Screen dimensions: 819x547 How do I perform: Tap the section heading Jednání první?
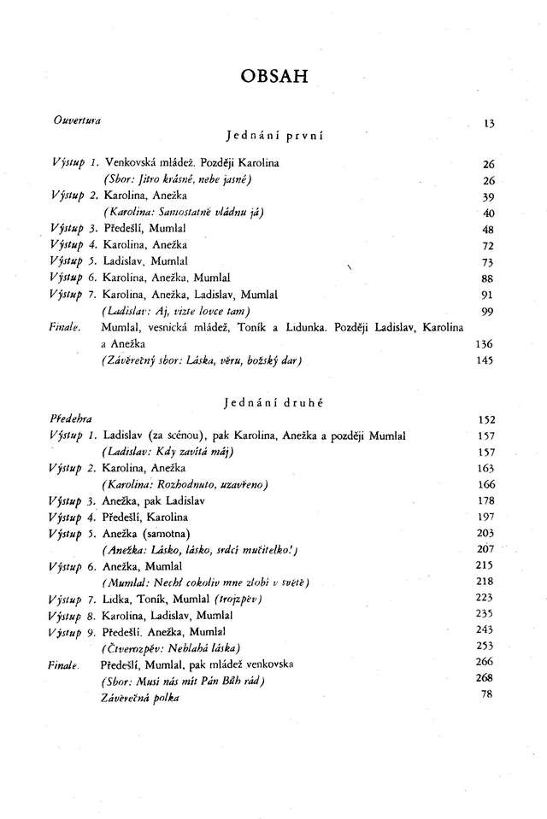273,135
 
